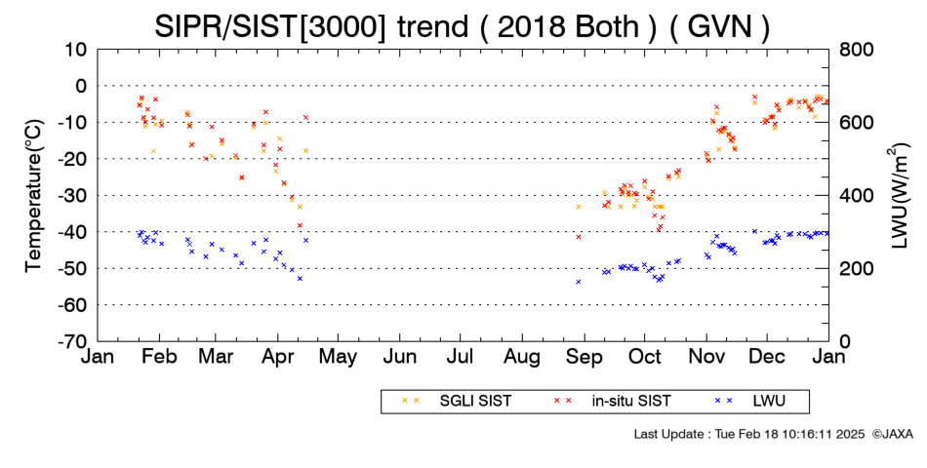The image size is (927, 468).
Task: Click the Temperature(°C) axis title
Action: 35,196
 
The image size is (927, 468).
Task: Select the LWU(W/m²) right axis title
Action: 897,196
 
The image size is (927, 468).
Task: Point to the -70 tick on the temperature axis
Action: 71,341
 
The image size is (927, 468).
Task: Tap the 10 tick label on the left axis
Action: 76,50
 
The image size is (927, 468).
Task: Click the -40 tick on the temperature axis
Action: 71,232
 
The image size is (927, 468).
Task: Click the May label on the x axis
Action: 339,357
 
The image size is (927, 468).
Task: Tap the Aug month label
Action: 522,357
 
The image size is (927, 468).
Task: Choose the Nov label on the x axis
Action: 706,357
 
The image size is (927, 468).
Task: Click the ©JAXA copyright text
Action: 892,434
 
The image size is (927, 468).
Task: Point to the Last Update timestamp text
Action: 749,434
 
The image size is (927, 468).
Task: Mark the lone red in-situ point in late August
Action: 579,237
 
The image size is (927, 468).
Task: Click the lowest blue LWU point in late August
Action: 579,282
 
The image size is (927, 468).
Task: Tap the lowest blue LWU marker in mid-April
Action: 300,278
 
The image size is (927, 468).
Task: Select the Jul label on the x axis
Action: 461,357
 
